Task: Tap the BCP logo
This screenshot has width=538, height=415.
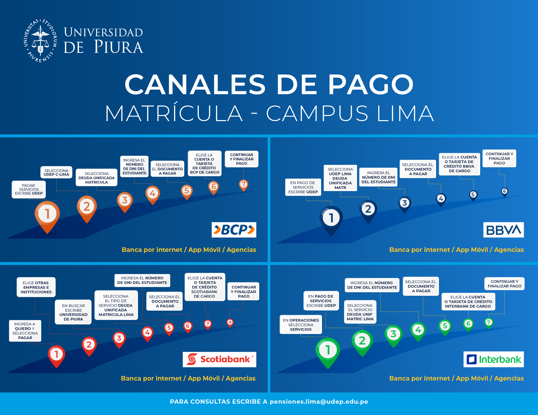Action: pyautogui.click(x=234, y=230)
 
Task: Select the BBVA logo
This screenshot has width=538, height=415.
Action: pyautogui.click(x=504, y=230)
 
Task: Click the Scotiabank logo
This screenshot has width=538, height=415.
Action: pyautogui.click(x=220, y=359)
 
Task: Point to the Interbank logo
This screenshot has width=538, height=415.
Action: pyautogui.click(x=494, y=359)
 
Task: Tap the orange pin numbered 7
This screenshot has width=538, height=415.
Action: pyautogui.click(x=243, y=185)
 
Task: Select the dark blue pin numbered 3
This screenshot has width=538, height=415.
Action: pyautogui.click(x=405, y=205)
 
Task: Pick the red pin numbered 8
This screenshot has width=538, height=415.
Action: pyautogui.click(x=230, y=323)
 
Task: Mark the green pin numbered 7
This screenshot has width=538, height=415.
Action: pyautogui.click(x=489, y=323)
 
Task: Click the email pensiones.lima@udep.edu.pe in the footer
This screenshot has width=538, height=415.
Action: pyautogui.click(x=319, y=402)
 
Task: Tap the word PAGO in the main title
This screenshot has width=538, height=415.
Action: pyautogui.click(x=371, y=85)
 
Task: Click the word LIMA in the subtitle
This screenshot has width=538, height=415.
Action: pyautogui.click(x=405, y=113)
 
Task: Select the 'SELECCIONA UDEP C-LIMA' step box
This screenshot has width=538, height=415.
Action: pyautogui.click(x=56, y=173)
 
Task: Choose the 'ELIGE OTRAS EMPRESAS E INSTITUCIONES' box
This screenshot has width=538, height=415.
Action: pyautogui.click(x=36, y=287)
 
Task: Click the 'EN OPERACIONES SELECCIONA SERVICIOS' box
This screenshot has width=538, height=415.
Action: pyautogui.click(x=301, y=325)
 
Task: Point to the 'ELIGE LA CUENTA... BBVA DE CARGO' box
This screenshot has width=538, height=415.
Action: pyautogui.click(x=459, y=164)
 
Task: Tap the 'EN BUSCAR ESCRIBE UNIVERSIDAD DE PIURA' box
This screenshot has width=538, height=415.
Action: pyautogui.click(x=73, y=312)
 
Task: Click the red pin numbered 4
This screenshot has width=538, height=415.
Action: pyautogui.click(x=147, y=334)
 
